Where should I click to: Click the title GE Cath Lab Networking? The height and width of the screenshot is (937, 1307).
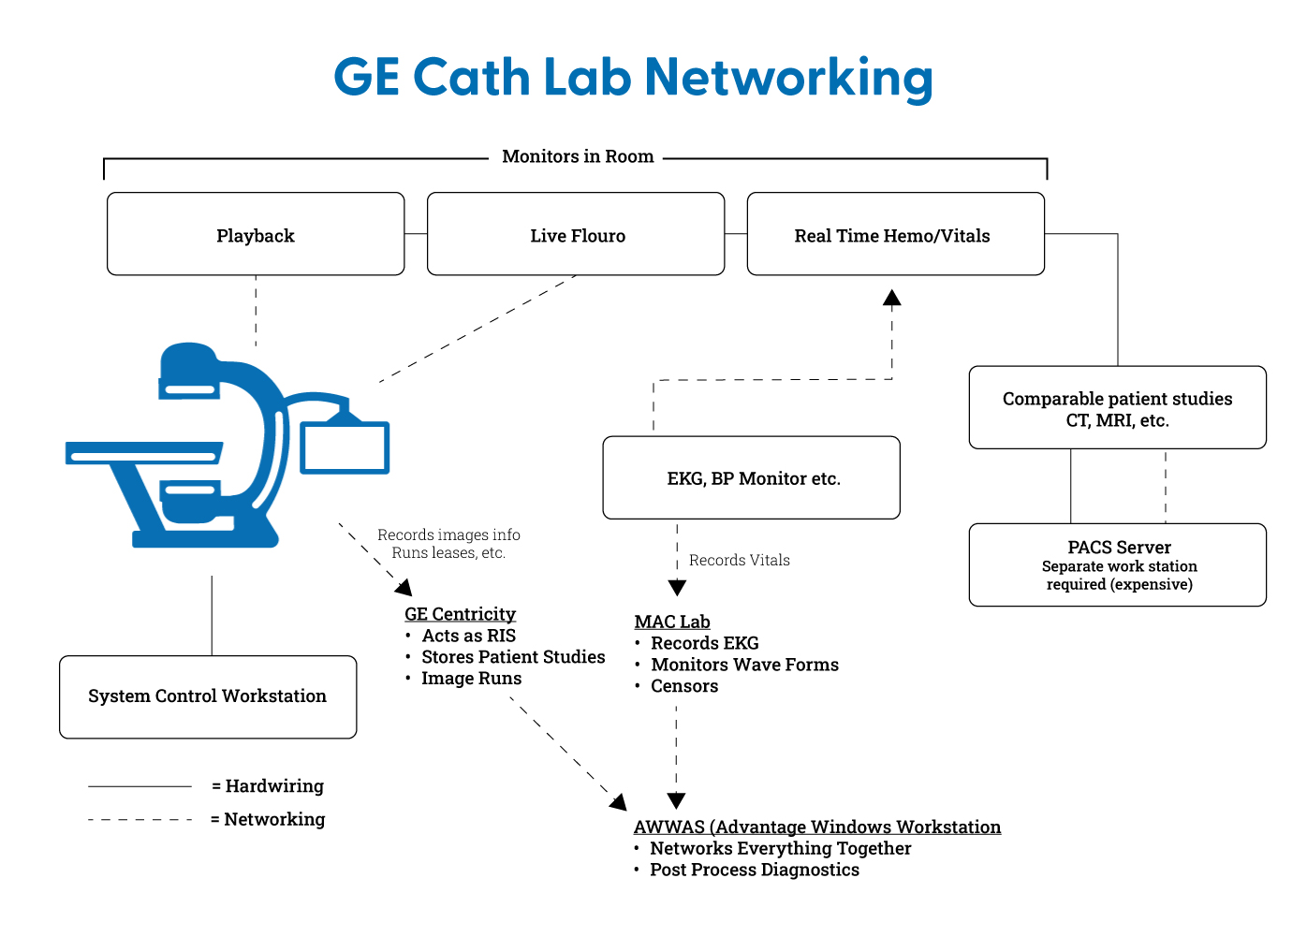coord(633,77)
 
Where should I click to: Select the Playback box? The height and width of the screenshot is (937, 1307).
coord(256,235)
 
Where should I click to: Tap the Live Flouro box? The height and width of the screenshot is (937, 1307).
coord(576,235)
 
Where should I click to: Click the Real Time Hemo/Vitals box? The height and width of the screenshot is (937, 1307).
coord(895,235)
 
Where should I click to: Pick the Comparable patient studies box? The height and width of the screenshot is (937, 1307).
coord(1117,408)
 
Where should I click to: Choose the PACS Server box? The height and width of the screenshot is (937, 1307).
coord(1117,564)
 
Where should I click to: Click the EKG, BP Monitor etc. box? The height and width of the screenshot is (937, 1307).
coord(752,478)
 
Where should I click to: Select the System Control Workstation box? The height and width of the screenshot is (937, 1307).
coord(208,696)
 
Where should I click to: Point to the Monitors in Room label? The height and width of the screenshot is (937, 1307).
coord(578,156)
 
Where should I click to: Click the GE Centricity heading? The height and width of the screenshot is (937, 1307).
coord(460,614)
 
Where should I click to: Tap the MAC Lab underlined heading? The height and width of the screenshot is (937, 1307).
coord(672,622)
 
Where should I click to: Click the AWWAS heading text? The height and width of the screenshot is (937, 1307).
coord(816,827)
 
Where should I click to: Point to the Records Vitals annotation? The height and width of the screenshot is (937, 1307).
coord(739,560)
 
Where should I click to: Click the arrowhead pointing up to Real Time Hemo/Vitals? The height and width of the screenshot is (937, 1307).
coord(892,299)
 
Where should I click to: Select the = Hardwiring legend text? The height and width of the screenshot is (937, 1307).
coord(268,786)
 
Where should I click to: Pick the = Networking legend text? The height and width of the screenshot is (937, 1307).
coord(268,819)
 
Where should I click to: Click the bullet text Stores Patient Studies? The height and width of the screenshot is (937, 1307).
coord(513,657)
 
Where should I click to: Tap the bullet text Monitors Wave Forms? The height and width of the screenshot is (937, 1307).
coord(744,665)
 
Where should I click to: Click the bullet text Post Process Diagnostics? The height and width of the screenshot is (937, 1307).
coord(754,870)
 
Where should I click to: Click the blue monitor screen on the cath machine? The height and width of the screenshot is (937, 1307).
coord(345,447)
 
